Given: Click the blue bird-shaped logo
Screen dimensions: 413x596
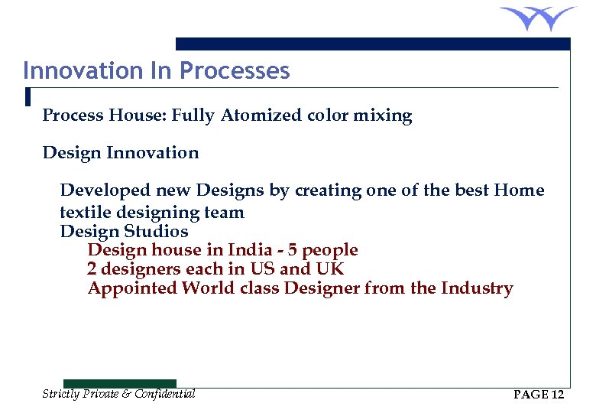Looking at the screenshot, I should tap(537, 18).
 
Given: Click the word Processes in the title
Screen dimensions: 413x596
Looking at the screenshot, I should tap(235, 71).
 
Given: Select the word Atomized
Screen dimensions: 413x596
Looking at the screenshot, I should tap(261, 115).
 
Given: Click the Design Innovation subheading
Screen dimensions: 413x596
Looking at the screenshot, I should tap(121, 153).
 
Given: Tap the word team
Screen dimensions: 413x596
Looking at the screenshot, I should tap(225, 212).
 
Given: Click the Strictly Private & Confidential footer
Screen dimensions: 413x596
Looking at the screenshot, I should tap(118, 394).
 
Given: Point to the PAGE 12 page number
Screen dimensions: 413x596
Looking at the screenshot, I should tap(539, 395).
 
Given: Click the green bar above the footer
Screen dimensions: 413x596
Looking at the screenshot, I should tap(119, 383).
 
